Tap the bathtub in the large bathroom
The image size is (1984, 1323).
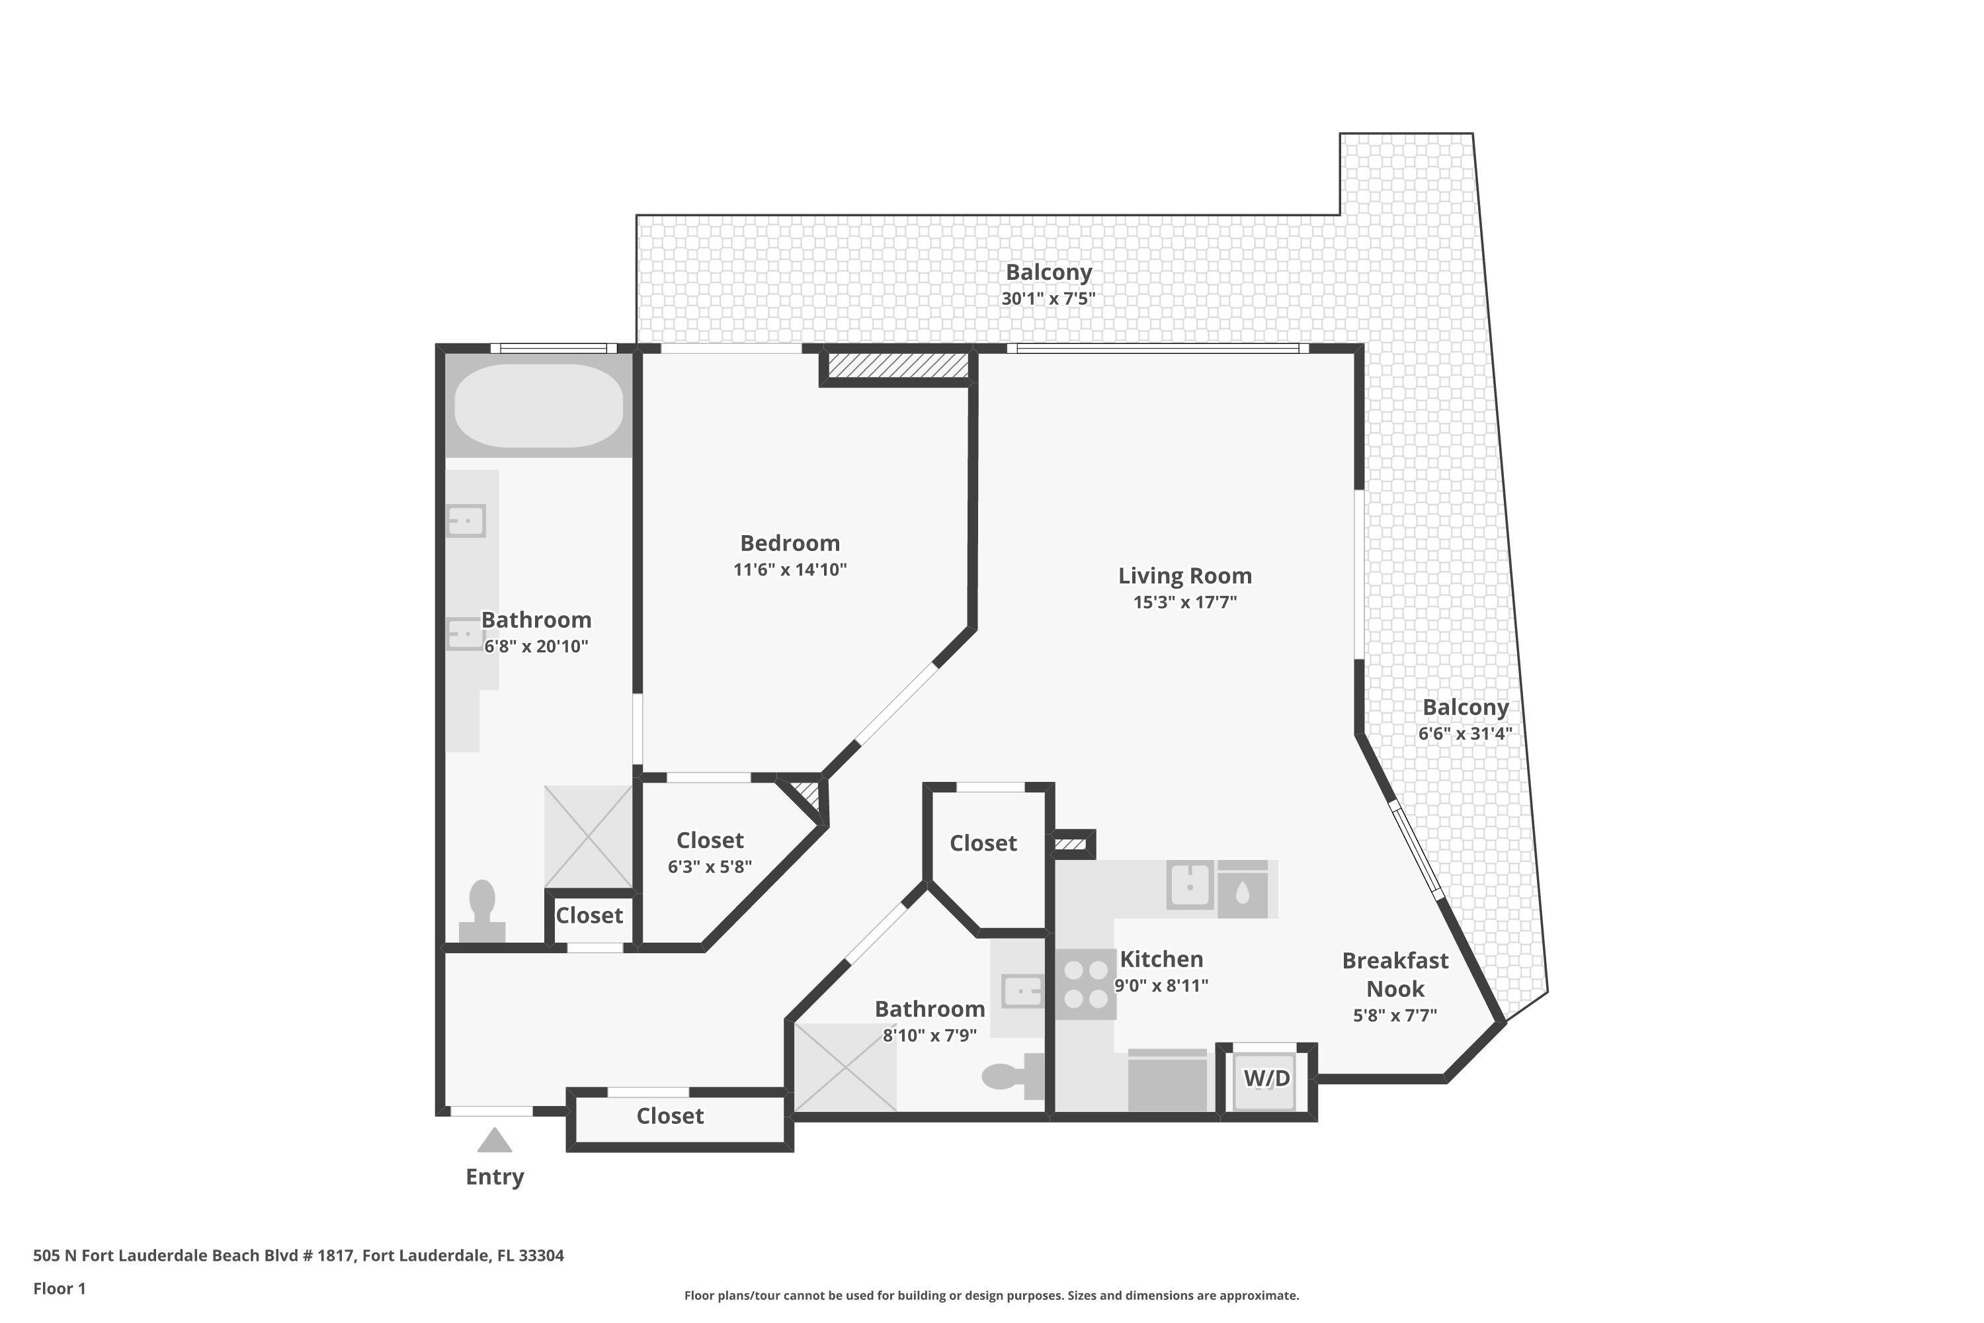tap(539, 406)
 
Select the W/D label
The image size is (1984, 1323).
tap(1266, 1078)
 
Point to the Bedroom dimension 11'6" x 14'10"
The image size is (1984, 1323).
tap(790, 570)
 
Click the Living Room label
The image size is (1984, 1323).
tap(1185, 576)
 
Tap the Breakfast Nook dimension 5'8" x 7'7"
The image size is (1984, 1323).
tap(1395, 1015)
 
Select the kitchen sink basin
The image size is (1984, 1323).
tap(1189, 885)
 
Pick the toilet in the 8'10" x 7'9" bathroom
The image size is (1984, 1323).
tap(1013, 1076)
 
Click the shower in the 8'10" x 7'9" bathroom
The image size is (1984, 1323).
tap(845, 1068)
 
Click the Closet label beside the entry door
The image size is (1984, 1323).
tap(670, 1117)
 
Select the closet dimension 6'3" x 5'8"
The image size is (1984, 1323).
tap(710, 867)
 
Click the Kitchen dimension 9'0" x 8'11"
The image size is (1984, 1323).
tap(1161, 986)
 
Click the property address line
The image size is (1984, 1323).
tap(299, 1256)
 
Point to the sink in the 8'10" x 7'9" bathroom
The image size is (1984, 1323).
tap(1022, 992)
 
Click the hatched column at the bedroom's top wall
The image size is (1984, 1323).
tap(897, 365)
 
